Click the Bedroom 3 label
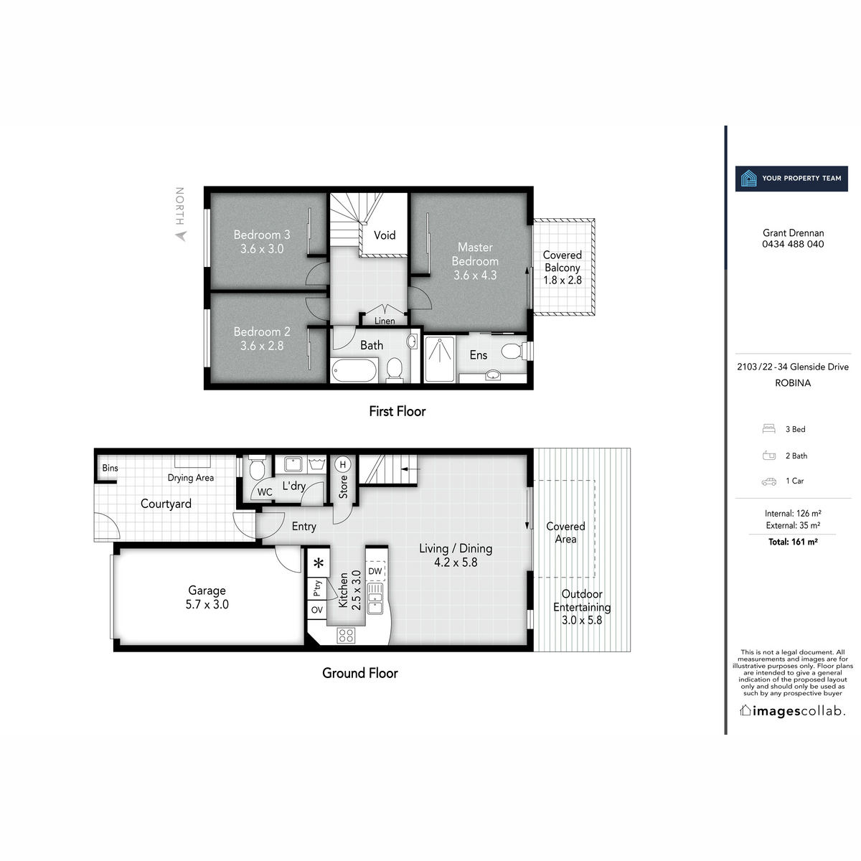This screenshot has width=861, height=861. pyautogui.click(x=262, y=235)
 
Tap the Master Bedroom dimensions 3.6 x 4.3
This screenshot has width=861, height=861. pyautogui.click(x=475, y=275)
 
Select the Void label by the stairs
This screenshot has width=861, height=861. pyautogui.click(x=385, y=235)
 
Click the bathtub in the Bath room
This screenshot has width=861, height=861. pyautogui.click(x=354, y=371)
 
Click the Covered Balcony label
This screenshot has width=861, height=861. pyautogui.click(x=563, y=261)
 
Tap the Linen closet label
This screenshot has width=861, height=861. pyautogui.click(x=385, y=321)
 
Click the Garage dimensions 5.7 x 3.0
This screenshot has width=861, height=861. pyautogui.click(x=207, y=604)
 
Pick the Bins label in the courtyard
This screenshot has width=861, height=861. pyautogui.click(x=110, y=468)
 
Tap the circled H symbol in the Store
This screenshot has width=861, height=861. pyautogui.click(x=343, y=464)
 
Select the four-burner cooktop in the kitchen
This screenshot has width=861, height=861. pyautogui.click(x=347, y=634)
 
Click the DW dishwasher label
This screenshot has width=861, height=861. pyautogui.click(x=375, y=571)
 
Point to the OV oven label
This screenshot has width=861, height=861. pyautogui.click(x=317, y=610)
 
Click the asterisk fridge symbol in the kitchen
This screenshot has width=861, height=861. pyautogui.click(x=318, y=563)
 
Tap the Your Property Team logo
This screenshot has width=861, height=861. pyautogui.click(x=791, y=178)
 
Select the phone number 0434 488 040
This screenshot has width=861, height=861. pyautogui.click(x=793, y=244)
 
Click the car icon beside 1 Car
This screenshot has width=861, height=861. pyautogui.click(x=768, y=481)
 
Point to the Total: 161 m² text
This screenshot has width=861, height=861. pyautogui.click(x=793, y=542)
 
